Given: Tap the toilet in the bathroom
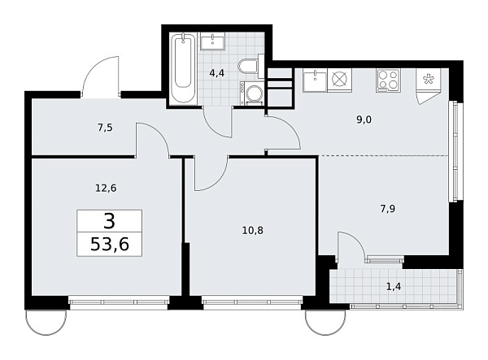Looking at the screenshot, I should [x=248, y=67].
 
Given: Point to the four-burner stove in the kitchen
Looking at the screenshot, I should [x=388, y=80].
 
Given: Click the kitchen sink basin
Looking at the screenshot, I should [x=314, y=80].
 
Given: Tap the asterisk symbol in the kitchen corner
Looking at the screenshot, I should [x=428, y=80].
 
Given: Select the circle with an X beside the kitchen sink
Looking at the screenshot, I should [x=339, y=80].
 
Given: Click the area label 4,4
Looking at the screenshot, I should [x=218, y=73].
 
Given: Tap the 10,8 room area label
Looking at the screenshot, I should [x=253, y=229].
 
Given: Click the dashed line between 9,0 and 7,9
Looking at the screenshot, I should [x=382, y=154].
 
